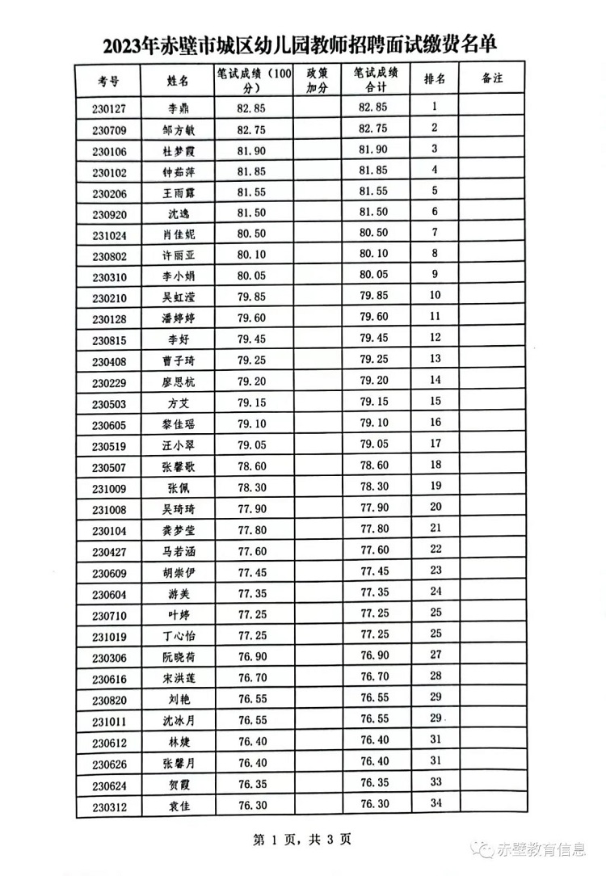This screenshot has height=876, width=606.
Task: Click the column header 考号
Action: point(108,80)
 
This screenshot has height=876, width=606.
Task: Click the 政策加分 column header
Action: point(316,79)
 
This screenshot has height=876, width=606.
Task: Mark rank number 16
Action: point(436,422)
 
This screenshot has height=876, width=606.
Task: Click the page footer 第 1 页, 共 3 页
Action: point(302,840)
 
